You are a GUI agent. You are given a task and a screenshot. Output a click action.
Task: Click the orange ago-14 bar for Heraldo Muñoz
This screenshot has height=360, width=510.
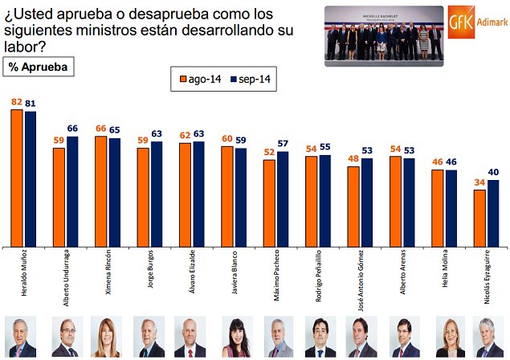click(16, 177)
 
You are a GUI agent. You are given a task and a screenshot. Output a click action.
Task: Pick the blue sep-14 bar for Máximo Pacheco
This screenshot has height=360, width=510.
click(282, 198)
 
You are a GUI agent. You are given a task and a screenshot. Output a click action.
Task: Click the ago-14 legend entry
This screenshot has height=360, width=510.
click(200, 80)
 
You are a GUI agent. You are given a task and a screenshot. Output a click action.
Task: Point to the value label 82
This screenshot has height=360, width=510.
click(16, 103)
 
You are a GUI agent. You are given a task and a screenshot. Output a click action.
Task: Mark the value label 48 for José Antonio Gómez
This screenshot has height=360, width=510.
click(353, 160)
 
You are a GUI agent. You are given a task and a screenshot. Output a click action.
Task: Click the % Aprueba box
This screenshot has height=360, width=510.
click(39, 67)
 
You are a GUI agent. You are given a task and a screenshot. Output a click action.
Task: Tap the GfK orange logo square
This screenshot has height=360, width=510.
click(461, 21)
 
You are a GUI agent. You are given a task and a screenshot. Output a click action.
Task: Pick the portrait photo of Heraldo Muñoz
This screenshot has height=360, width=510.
click(20, 337)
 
